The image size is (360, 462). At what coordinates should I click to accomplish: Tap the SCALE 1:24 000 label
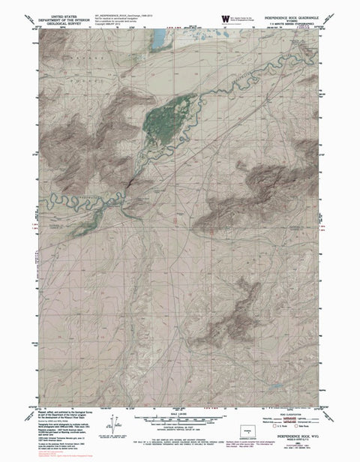point(181,411)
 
